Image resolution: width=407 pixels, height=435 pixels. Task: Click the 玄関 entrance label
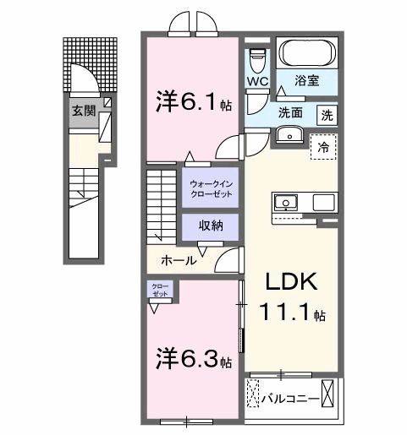pyautogui.click(x=82, y=110)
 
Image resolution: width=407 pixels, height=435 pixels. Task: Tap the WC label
pyautogui.click(x=258, y=82)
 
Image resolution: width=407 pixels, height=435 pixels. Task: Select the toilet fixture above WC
pyautogui.click(x=258, y=59)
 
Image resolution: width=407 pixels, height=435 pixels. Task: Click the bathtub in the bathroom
pyautogui.click(x=307, y=55)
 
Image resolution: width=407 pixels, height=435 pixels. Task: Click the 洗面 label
pyautogui.click(x=293, y=112)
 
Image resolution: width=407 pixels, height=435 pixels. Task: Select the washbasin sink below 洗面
pyautogui.click(x=291, y=135)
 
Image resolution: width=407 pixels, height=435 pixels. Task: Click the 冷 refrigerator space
pyautogui.click(x=323, y=145)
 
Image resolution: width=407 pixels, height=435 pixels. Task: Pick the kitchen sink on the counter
pyautogui.click(x=286, y=202)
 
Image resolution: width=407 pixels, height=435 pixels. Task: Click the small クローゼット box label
pyautogui.click(x=160, y=290)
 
